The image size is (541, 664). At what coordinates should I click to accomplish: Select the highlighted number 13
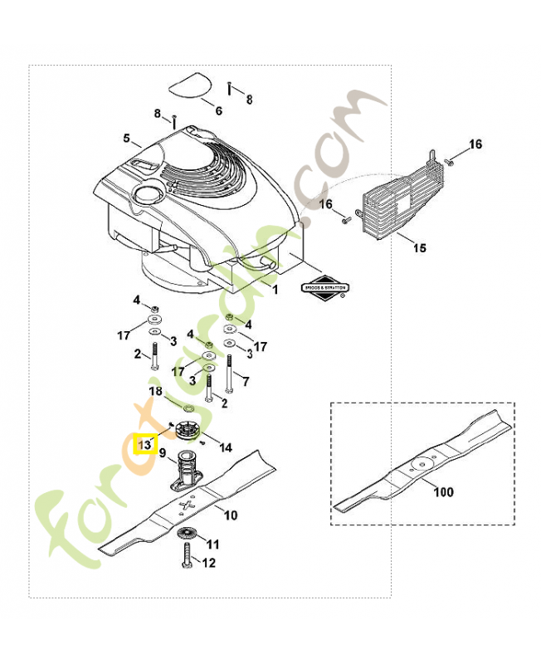pyautogui.click(x=145, y=444)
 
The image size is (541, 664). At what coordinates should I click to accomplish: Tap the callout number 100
pyautogui.click(x=444, y=491)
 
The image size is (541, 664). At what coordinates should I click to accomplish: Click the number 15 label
pyautogui.click(x=420, y=247)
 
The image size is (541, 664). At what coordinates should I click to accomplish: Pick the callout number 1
pyautogui.click(x=276, y=290)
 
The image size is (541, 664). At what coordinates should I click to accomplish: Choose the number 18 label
pyautogui.click(x=155, y=391)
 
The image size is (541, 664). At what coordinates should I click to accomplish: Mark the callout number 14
pyautogui.click(x=225, y=448)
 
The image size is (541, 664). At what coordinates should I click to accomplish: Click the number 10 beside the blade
pyautogui.click(x=230, y=515)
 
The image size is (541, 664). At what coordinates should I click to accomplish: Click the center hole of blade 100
pyautogui.click(x=421, y=465)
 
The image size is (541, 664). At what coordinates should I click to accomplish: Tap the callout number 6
pyautogui.click(x=218, y=110)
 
